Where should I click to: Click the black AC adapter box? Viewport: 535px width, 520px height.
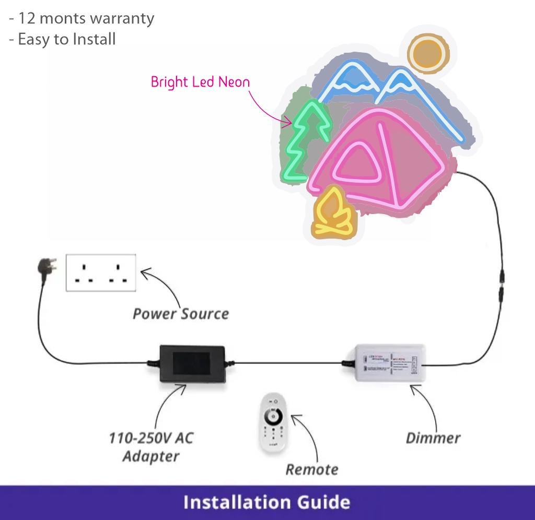click(192, 363)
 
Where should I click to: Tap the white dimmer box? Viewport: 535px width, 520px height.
click(389, 362)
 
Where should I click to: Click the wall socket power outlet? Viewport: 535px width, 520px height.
click(101, 273)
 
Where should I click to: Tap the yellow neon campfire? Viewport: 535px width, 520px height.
click(332, 214)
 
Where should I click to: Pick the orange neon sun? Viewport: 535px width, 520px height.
click(428, 53)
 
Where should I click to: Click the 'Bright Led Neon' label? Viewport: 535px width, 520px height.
click(200, 82)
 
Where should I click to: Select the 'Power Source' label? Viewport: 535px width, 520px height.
click(181, 314)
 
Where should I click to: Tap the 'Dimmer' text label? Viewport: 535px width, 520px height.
click(433, 438)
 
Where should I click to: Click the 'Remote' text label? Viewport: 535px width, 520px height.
click(312, 469)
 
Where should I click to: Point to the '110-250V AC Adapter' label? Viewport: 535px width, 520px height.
click(150, 446)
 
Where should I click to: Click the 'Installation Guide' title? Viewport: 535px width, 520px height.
click(267, 502)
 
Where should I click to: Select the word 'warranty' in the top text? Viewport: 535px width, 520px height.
click(122, 18)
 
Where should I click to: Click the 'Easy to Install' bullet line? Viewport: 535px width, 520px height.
click(63, 39)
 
